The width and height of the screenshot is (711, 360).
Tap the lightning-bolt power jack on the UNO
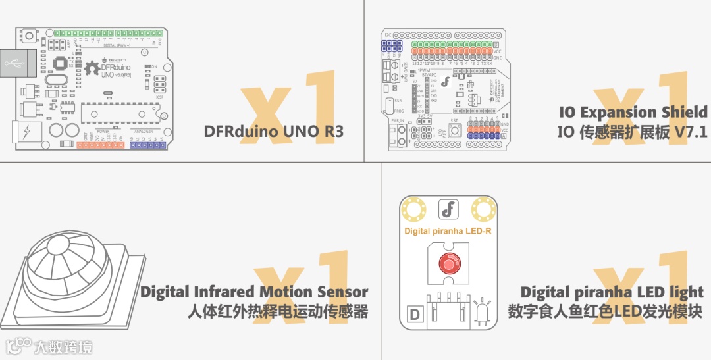tap(27, 132)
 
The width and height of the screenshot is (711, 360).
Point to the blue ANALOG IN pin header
tap(146, 145)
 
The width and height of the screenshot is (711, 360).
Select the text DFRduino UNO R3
tap(274, 131)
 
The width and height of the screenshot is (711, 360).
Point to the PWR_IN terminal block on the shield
tap(398, 134)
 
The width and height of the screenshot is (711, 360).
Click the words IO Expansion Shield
tap(633, 112)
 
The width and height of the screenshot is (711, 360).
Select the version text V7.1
tap(691, 132)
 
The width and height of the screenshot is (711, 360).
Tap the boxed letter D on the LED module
tap(415, 315)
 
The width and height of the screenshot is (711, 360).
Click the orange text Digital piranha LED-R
tap(448, 231)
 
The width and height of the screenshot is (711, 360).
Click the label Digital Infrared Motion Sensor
tap(254, 292)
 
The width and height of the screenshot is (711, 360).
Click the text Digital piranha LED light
tap(612, 292)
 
